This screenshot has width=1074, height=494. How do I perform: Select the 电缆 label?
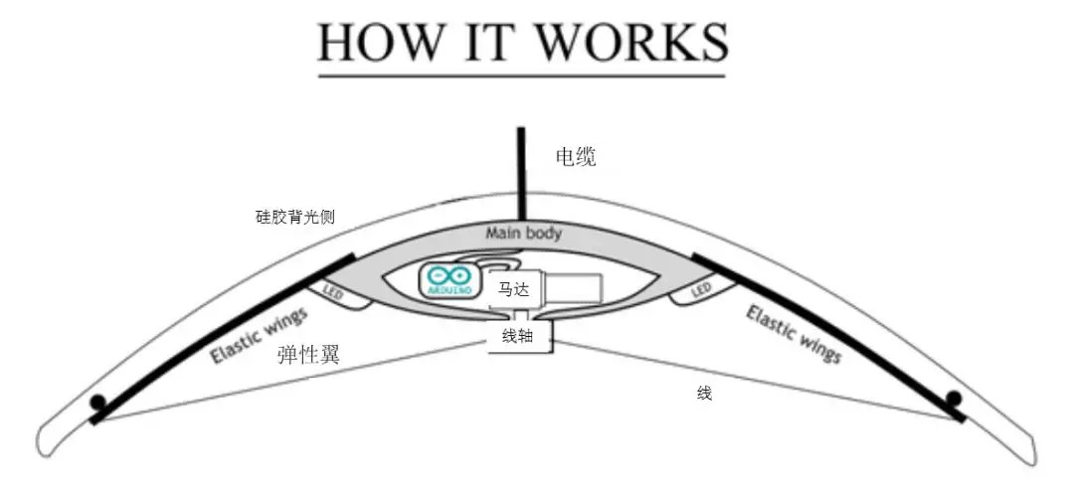(x=576, y=157)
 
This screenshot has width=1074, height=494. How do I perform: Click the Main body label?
(x=523, y=234)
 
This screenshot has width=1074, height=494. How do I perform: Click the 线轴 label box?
(x=518, y=337)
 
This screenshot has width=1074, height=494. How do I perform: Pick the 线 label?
(x=704, y=395)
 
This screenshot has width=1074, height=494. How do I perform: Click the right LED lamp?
(x=701, y=289)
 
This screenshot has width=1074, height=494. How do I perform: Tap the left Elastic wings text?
(x=260, y=335)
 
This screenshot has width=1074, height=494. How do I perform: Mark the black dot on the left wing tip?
(x=97, y=403)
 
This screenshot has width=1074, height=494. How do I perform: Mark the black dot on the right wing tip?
(x=953, y=399)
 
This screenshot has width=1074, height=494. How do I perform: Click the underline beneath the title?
(x=522, y=75)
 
